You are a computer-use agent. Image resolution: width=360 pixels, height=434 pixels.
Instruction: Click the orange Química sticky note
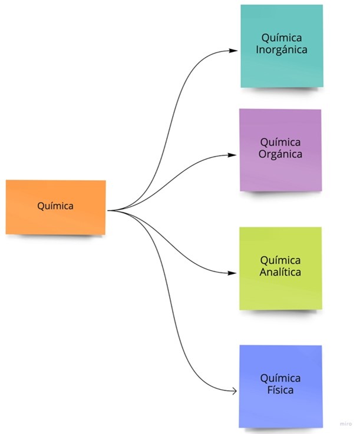click(x=56, y=207)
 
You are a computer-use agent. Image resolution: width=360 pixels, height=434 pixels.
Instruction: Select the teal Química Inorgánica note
click(x=282, y=46)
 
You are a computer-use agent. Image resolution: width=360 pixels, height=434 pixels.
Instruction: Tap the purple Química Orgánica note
click(x=280, y=150)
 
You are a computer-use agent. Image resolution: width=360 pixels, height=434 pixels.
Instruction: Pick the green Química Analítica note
click(x=280, y=268)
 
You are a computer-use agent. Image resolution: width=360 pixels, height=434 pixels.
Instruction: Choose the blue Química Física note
click(x=280, y=386)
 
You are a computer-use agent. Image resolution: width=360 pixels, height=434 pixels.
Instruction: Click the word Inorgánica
click(x=282, y=50)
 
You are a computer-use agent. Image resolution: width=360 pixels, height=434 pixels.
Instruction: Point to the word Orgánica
click(x=280, y=155)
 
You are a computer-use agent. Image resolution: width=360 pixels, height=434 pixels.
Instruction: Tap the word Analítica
click(x=280, y=273)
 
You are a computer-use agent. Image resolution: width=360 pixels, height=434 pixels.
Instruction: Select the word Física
click(x=280, y=390)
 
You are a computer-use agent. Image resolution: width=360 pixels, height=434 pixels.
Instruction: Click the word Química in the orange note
click(x=55, y=206)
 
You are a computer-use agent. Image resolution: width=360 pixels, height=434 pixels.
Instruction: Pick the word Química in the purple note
click(x=280, y=143)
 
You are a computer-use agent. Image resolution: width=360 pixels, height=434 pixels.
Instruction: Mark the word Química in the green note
click(x=280, y=260)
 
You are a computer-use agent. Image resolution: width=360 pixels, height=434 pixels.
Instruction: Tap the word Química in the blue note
click(x=280, y=378)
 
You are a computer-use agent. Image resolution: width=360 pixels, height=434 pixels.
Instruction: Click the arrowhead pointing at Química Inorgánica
click(x=235, y=51)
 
